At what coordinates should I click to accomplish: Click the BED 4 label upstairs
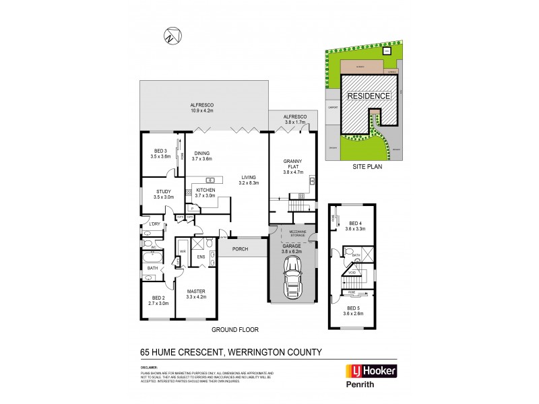coord(356,226)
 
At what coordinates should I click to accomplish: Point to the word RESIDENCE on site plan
coord(368,96)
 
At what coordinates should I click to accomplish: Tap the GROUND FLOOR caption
coord(235,330)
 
